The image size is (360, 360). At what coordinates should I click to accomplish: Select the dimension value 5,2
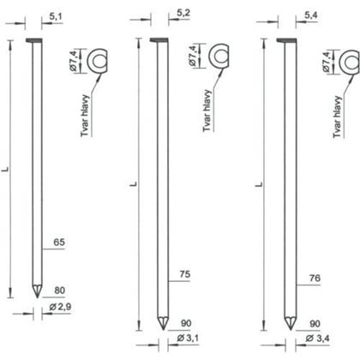(x=183, y=14)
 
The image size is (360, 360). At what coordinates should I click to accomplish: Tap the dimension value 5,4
(x=312, y=14)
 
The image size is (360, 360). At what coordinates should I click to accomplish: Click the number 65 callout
(x=58, y=243)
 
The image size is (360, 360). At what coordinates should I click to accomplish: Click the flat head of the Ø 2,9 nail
(x=35, y=40)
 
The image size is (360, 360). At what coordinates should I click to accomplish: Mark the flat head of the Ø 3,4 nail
(x=288, y=40)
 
